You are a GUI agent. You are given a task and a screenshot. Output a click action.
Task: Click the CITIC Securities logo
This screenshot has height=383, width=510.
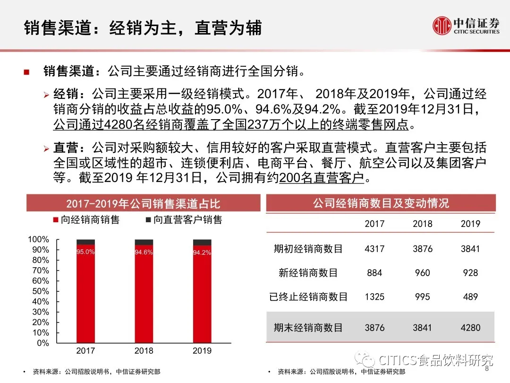click(x=466, y=26)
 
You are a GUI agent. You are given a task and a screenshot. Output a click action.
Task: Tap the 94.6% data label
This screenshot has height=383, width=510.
click(x=144, y=252)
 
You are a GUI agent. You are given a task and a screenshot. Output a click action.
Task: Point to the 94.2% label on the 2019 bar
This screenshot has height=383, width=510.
click(x=202, y=252)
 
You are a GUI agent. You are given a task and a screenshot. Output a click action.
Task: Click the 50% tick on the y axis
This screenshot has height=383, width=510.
click(x=41, y=291)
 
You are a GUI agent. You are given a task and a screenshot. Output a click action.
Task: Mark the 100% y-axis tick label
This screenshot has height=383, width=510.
click(x=39, y=240)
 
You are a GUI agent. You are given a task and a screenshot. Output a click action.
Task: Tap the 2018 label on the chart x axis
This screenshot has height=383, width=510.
click(x=144, y=351)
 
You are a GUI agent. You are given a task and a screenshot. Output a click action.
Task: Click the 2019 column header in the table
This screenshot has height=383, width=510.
click(x=470, y=224)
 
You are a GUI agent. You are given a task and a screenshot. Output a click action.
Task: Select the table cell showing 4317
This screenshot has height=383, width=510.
click(x=374, y=249)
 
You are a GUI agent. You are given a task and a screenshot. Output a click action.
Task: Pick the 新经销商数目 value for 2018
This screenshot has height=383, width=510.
click(x=422, y=273)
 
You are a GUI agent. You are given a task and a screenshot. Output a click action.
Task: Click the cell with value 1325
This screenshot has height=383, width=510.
click(x=374, y=297)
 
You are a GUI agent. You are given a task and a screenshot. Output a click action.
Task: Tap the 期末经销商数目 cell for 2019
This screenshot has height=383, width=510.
click(x=470, y=327)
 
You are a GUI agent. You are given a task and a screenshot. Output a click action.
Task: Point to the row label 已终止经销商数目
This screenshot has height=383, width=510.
click(x=308, y=297)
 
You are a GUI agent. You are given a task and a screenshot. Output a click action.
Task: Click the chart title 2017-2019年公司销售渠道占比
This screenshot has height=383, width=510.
click(x=143, y=204)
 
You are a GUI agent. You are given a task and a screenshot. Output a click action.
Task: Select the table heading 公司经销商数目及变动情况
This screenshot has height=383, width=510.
click(x=381, y=203)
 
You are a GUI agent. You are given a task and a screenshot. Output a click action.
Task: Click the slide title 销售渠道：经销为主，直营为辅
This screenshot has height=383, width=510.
click(x=143, y=28)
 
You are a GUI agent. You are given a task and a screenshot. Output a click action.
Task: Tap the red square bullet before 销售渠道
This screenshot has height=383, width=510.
click(x=27, y=72)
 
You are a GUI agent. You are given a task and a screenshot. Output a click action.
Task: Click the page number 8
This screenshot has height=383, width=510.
click(x=487, y=369)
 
